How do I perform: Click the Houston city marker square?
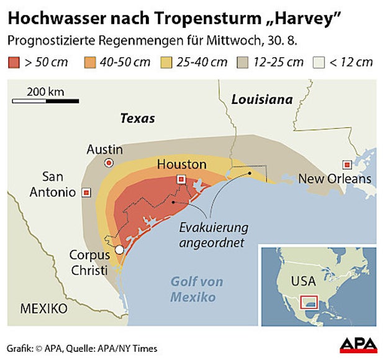pyautogui.click(x=181, y=180)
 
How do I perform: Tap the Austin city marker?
pyautogui.click(x=109, y=163)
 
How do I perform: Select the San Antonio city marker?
pyautogui.click(x=87, y=192)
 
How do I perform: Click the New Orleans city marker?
pyautogui.click(x=347, y=165)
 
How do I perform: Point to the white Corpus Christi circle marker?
pyautogui.click(x=119, y=249)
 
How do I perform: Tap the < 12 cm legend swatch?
pyautogui.click(x=319, y=62)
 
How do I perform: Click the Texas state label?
pyautogui.click(x=138, y=119)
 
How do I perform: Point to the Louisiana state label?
pyautogui.click(x=261, y=99)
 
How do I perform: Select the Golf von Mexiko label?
pyautogui.click(x=197, y=290)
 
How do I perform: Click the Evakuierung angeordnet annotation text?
pyautogui.click(x=213, y=234)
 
